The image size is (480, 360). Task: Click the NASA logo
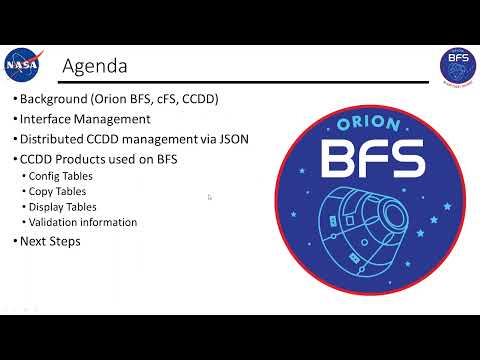[22, 64]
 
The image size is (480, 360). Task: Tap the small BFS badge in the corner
[457, 64]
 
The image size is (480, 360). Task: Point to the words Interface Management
[85, 119]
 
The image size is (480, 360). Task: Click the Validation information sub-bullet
[83, 222]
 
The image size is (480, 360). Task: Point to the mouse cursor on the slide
[209, 197]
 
